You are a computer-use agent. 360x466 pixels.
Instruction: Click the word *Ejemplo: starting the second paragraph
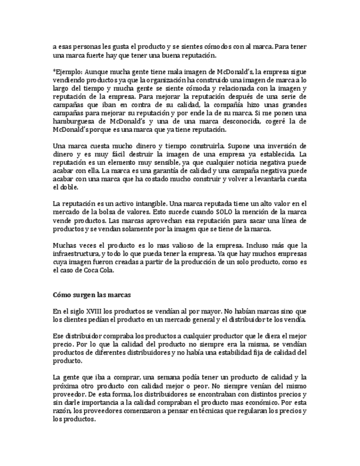pos(67,72)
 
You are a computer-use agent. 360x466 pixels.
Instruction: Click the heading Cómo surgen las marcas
pos(91,295)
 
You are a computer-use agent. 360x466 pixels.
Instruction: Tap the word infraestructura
pos(76,254)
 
